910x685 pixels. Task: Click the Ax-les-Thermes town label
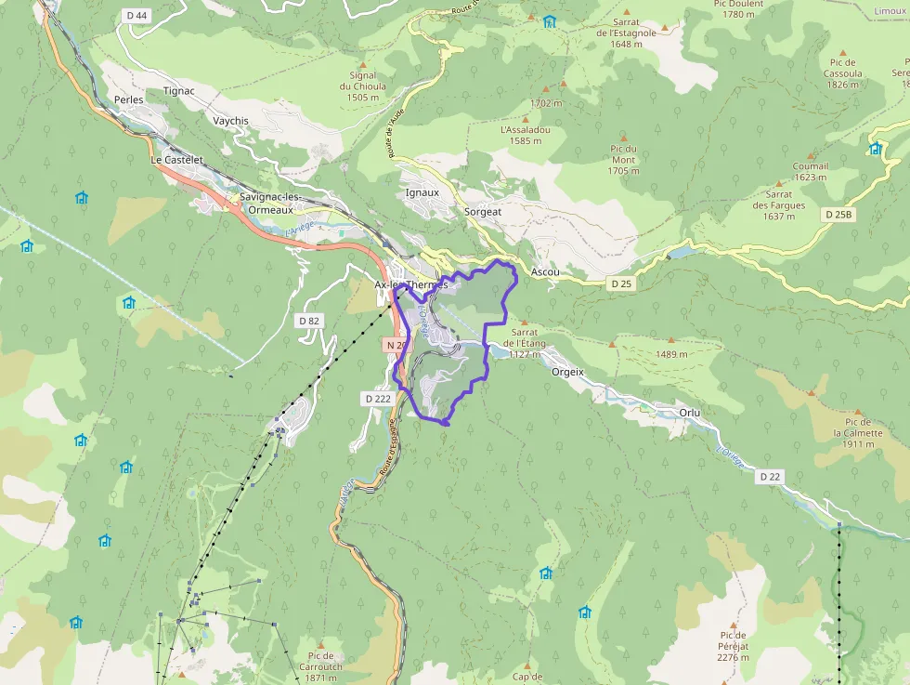[x=409, y=284]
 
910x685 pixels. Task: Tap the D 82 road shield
[x=309, y=321]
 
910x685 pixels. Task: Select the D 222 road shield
[x=377, y=398]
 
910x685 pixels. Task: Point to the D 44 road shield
[x=136, y=15]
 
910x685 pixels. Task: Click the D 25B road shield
[x=838, y=215]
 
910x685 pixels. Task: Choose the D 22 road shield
[x=770, y=477]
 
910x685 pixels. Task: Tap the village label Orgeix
[x=567, y=371]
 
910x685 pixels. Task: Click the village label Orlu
[x=689, y=412]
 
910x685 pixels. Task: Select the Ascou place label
[x=545, y=272]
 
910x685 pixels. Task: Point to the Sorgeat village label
[x=482, y=212]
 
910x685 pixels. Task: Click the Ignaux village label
[x=422, y=192]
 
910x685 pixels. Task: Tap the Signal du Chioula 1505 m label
[x=363, y=86]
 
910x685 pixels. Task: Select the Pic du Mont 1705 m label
[x=623, y=159]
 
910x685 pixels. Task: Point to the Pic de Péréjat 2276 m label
[x=733, y=645]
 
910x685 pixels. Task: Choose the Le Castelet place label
[x=176, y=160]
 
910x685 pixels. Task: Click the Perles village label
[x=128, y=99]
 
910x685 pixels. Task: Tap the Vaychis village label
[x=230, y=121]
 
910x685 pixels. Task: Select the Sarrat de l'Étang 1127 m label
[x=525, y=343]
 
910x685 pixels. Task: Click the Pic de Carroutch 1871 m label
[x=320, y=666]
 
